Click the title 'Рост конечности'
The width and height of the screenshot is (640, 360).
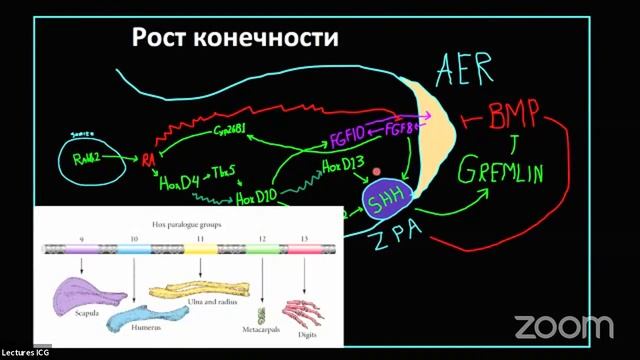(236, 39)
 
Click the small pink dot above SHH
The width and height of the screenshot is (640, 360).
(376, 172)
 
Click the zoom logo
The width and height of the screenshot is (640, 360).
(562, 326)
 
